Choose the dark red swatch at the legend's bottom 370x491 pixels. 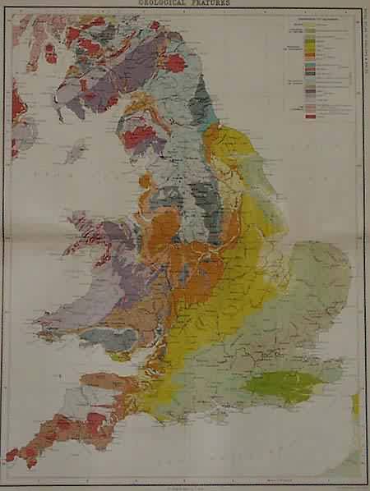pyautogui.click(x=311, y=116)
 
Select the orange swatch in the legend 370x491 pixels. pyautogui.click(x=311, y=58)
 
